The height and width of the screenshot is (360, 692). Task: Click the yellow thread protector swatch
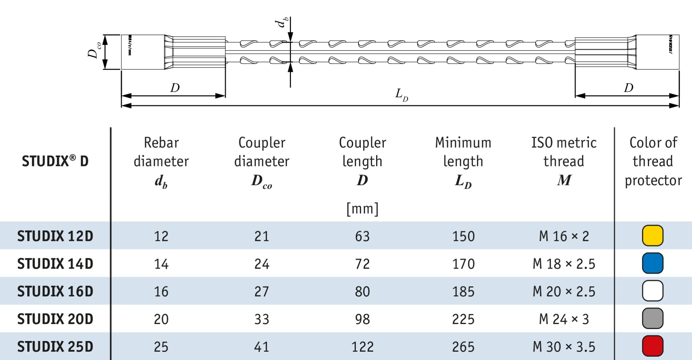click(652, 236)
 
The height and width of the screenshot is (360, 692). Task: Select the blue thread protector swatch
click(652, 263)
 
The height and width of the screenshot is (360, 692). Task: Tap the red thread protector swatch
click(652, 346)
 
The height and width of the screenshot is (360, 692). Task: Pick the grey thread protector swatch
click(652, 319)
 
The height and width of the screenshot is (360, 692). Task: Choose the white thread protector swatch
click(652, 291)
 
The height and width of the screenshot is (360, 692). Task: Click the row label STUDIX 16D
click(55, 291)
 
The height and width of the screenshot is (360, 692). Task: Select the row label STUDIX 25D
click(55, 347)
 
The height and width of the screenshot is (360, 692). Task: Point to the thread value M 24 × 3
click(564, 319)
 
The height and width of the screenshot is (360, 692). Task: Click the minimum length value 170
click(463, 264)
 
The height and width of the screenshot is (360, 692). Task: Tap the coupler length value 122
click(362, 347)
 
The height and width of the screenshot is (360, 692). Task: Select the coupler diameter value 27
click(262, 291)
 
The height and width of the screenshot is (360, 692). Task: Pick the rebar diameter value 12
click(161, 236)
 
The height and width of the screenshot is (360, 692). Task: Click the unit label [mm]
click(362, 209)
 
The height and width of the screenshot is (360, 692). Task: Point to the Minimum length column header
click(463, 162)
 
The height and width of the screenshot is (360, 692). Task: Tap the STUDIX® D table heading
click(55, 161)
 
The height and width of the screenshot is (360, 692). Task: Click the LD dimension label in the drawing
click(401, 95)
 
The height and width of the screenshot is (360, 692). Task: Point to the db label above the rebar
click(281, 22)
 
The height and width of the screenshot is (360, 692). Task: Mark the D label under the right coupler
click(628, 88)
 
